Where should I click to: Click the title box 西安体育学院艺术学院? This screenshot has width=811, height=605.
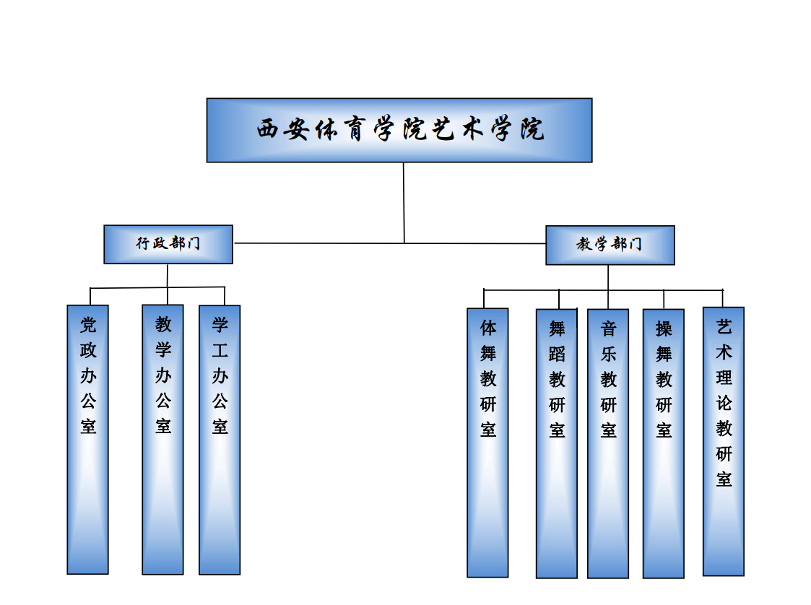point(399,130)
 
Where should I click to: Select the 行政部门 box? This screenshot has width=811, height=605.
point(168,244)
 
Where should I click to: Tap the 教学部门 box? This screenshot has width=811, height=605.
point(610,245)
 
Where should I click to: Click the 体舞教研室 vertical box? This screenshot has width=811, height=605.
point(487,443)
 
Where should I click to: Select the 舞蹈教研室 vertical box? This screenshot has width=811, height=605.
point(556,443)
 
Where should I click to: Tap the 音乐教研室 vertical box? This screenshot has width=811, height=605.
point(608,443)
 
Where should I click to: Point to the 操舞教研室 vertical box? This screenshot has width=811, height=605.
point(663,443)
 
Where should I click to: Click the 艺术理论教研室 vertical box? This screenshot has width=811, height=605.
point(724,441)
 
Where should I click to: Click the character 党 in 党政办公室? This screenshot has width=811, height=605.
point(88,325)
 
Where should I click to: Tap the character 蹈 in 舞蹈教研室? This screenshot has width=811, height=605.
point(557,354)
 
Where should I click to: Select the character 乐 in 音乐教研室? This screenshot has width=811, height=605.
point(609,354)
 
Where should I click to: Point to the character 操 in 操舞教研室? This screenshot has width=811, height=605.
point(664,328)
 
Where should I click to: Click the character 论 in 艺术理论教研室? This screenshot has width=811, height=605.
point(724,403)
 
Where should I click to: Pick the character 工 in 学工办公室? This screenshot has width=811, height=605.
point(220,350)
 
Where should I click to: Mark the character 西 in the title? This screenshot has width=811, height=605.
point(267,130)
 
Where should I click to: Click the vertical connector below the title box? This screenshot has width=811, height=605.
point(404,202)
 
